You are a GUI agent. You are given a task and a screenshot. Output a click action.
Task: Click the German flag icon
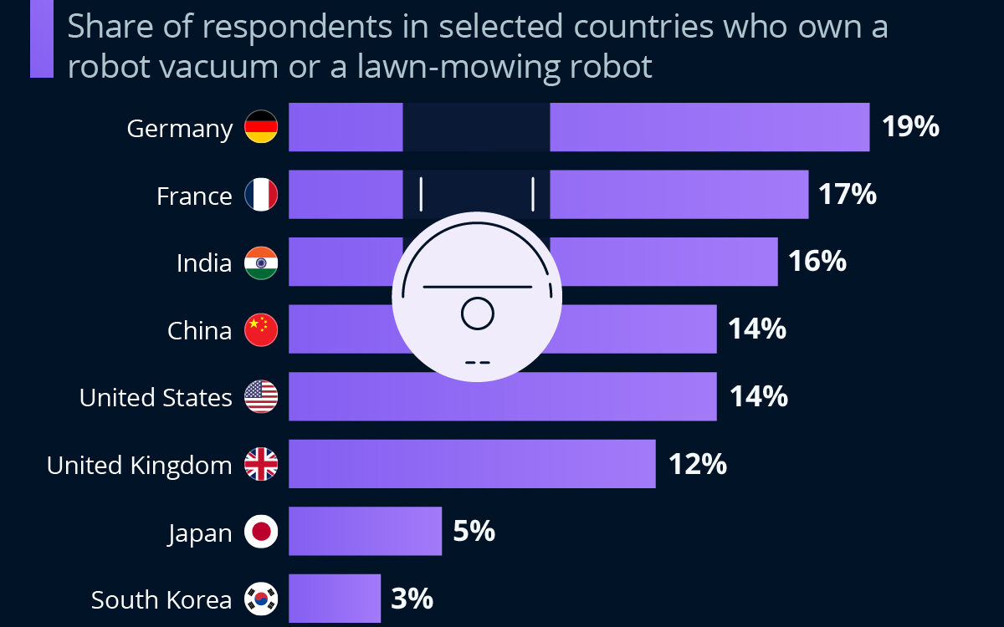[261, 127]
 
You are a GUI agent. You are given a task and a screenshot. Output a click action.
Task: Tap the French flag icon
[261, 194]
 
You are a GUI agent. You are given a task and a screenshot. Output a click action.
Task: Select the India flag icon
[261, 263]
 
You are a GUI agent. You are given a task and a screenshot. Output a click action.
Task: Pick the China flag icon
[261, 330]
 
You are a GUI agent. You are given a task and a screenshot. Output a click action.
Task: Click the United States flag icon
[261, 397]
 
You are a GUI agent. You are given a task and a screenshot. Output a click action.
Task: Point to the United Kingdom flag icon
[261, 464]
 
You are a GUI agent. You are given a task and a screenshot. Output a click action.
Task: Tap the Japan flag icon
[261, 532]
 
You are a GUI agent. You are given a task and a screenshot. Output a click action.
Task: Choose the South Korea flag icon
[261, 599]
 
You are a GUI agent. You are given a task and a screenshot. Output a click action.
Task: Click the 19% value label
[910, 127]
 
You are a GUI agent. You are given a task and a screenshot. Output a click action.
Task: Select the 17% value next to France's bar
[847, 194]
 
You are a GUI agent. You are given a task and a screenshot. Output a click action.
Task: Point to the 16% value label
[817, 261]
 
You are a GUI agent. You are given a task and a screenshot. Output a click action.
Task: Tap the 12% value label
[698, 464]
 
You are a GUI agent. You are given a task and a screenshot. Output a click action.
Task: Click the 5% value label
[474, 531]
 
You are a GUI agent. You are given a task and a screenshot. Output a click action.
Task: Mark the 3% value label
[412, 599]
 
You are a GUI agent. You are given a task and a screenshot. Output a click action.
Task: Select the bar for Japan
[365, 531]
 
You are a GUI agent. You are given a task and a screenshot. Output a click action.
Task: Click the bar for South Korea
[335, 599]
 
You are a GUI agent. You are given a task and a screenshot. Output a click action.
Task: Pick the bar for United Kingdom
[472, 464]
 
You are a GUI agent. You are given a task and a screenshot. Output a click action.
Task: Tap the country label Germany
[180, 129]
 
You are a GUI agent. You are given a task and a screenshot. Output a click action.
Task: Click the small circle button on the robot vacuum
[478, 313]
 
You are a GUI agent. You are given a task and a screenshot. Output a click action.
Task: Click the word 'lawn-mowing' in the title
[458, 67]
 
